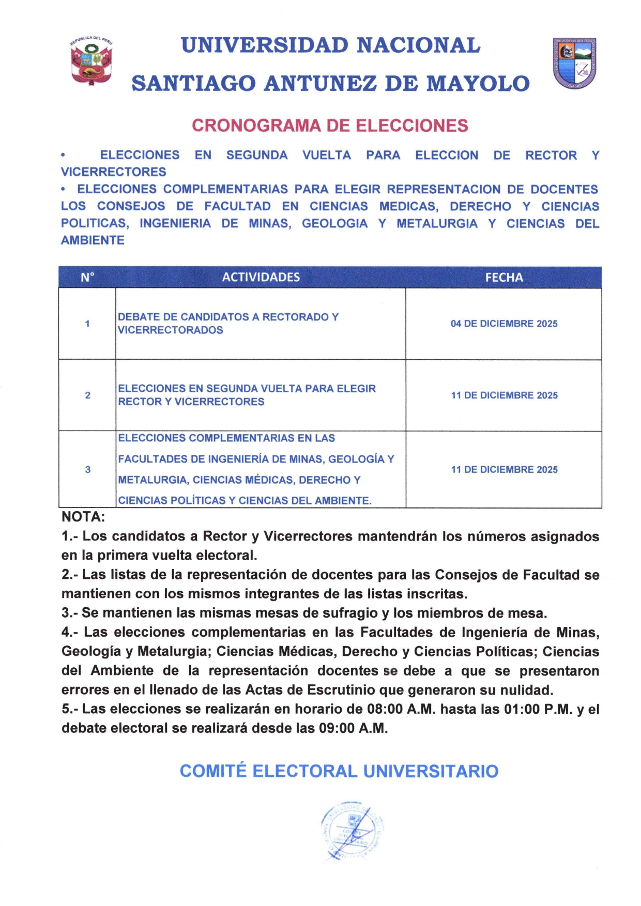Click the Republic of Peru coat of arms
pos(91,61)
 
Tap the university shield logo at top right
pos(574,63)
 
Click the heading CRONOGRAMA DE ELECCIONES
pos(330,126)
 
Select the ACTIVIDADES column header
pos(261,278)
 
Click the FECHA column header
pos(503,278)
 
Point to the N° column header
pos(87,278)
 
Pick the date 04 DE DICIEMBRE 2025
pos(503,324)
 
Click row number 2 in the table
pos(87,395)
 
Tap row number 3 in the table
pos(87,470)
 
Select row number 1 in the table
pos(87,324)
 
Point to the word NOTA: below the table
pos(83,517)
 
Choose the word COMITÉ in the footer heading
pos(213,771)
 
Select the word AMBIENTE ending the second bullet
pos(93,240)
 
